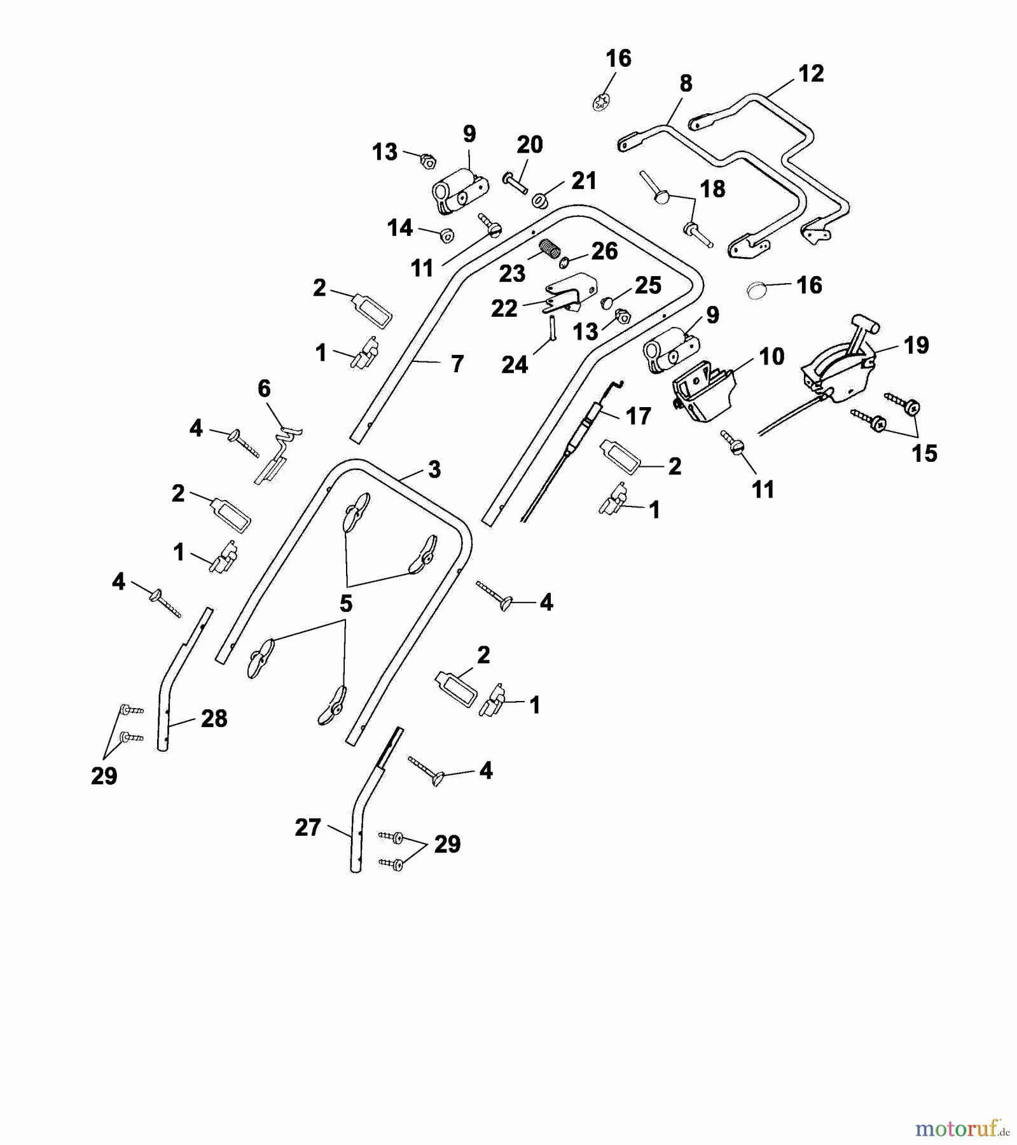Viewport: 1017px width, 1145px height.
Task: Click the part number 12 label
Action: (811, 74)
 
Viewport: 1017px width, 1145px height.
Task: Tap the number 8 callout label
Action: (686, 83)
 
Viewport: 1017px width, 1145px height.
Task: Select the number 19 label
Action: (916, 345)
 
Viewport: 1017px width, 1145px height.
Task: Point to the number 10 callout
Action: (771, 357)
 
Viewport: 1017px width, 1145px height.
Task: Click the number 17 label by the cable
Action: (638, 416)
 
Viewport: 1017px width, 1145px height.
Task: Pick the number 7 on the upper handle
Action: (457, 364)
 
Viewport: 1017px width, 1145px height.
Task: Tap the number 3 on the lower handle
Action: (434, 470)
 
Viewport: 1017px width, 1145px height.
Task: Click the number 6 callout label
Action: (264, 388)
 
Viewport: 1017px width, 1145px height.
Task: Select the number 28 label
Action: (214, 719)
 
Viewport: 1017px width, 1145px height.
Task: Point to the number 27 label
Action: (308, 828)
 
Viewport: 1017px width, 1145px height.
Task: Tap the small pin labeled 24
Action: (553, 328)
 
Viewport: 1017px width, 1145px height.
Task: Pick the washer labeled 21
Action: (539, 201)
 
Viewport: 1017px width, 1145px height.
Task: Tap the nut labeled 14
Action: (446, 235)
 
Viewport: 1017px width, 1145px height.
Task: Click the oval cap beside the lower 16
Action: (756, 291)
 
